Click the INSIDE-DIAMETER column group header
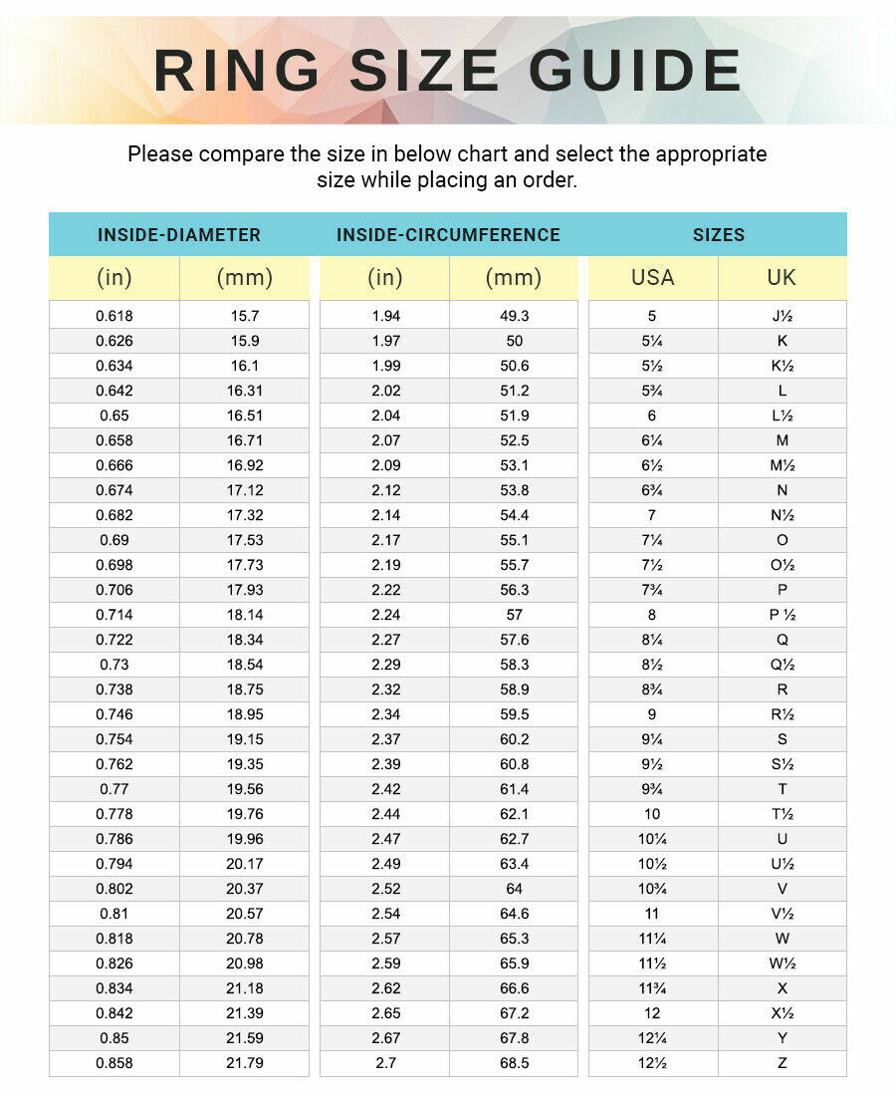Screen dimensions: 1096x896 [179, 235]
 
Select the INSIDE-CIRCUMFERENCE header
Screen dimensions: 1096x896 [448, 235]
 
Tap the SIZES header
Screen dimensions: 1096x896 [719, 235]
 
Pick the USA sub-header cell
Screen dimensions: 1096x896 [652, 277]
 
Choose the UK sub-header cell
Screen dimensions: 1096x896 [782, 277]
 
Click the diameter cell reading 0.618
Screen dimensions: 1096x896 [114, 316]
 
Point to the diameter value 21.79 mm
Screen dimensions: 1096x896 [245, 1063]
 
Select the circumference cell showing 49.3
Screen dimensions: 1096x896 [515, 316]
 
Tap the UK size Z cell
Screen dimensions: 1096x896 [783, 1063]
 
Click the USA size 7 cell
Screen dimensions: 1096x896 [652, 515]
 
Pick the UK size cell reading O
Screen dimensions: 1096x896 [783, 540]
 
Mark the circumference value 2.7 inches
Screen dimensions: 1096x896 [384, 1063]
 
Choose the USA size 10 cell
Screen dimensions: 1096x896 [652, 814]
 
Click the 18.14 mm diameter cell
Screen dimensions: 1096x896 [245, 615]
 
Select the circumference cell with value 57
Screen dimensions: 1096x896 [515, 615]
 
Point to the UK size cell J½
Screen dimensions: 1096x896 [783, 316]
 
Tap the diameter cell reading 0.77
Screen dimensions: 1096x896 [114, 789]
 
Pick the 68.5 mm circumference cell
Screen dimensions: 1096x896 [515, 1063]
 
